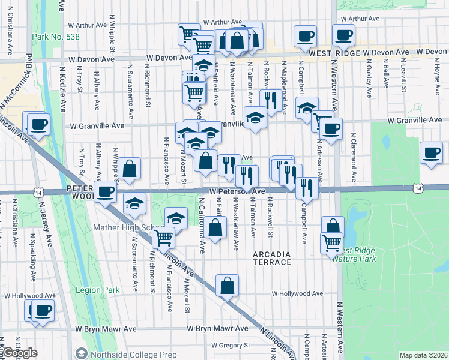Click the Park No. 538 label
coord(55,37)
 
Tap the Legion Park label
coord(98,290)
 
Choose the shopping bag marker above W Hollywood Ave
coord(227,286)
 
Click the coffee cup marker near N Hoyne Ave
coord(432,152)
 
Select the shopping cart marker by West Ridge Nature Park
coord(332,243)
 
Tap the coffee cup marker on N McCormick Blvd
coord(38,125)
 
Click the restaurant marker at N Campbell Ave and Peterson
coord(307,188)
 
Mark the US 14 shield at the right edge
coord(417,188)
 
